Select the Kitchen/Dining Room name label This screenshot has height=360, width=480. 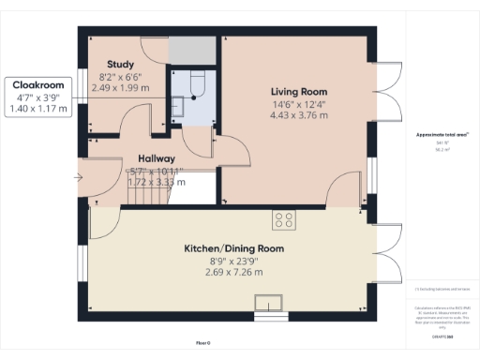(231, 248)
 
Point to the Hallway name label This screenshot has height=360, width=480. (155, 158)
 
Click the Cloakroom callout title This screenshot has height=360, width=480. (38, 84)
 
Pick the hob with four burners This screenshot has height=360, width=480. (284, 221)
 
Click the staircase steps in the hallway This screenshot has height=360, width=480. (147, 195)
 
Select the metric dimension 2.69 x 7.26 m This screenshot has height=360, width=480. (231, 273)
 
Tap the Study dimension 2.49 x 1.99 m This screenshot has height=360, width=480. (120, 88)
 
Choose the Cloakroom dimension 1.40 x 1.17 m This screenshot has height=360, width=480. (38, 109)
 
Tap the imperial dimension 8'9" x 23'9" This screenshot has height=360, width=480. (231, 261)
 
